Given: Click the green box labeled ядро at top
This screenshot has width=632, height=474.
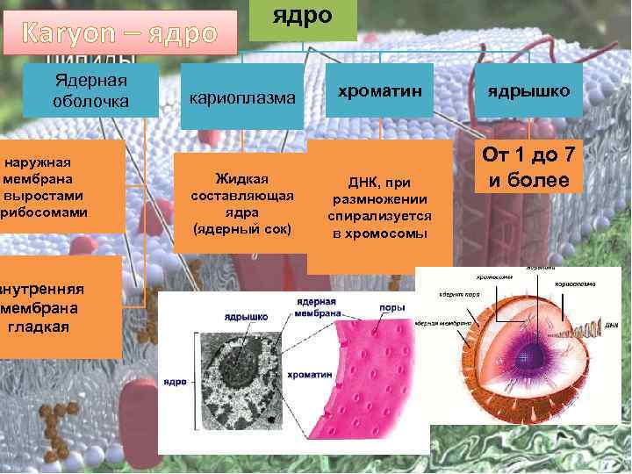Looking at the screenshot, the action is [302, 18].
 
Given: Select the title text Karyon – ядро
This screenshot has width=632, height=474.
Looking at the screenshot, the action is [119, 33].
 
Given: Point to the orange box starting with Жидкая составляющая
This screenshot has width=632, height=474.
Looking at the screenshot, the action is [241, 201].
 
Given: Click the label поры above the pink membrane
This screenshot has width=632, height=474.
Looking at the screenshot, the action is [391, 308].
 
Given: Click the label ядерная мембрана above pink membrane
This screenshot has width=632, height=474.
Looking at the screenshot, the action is [313, 307].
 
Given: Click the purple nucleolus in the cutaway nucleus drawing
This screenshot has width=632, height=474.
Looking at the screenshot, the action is [530, 355].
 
